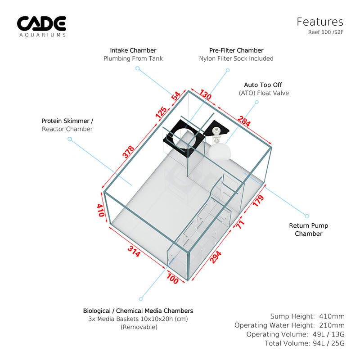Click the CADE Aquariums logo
coord(41,27)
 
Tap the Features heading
coord(320,22)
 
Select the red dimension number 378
coord(128,152)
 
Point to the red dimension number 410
coord(101,210)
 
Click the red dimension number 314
coord(134,251)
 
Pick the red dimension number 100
coord(172,279)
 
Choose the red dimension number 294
coord(216,257)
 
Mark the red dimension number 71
coord(240,224)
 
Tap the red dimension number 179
coord(258,201)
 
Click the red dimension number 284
coord(244,121)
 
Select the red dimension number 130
coord(205,94)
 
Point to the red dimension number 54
coord(175,96)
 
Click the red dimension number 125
coord(162,112)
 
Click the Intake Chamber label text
coord(133,50)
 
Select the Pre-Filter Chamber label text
coord(236,50)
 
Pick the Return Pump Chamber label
coord(309,229)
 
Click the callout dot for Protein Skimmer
coord(70,139)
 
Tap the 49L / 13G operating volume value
coord(328,334)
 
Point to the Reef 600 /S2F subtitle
coord(325,32)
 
